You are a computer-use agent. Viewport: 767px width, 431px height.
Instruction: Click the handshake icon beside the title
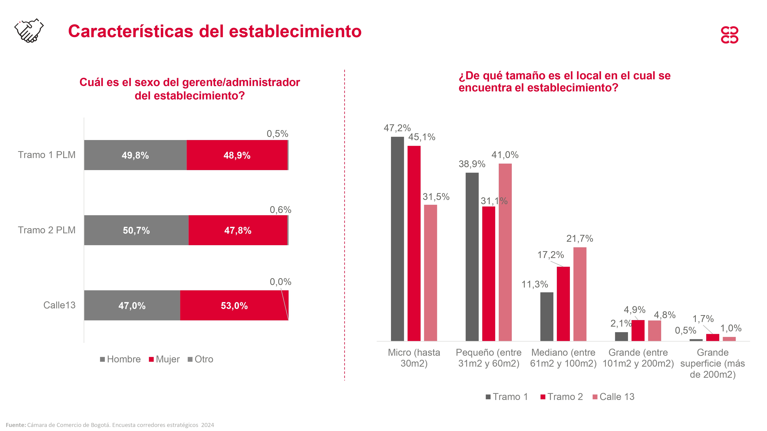(29, 31)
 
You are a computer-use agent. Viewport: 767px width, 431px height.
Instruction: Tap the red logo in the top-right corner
(729, 35)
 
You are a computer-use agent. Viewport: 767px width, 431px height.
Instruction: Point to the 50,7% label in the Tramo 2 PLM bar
(136, 230)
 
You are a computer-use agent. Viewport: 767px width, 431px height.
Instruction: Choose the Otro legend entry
(201, 359)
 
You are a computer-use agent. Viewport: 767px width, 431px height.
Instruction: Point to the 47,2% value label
(397, 128)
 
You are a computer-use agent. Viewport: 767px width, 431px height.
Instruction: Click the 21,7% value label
(579, 238)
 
